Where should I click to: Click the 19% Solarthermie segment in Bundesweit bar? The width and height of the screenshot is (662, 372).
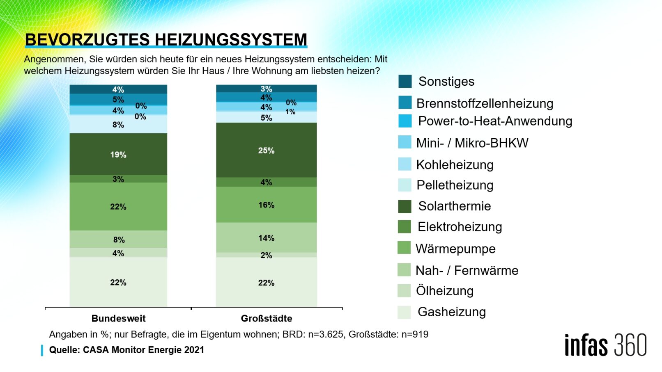tap(118, 155)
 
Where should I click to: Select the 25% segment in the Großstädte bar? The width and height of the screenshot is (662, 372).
tap(266, 151)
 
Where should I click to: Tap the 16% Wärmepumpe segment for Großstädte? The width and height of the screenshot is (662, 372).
tap(266, 205)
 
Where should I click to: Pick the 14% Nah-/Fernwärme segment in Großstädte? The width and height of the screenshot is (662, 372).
tap(266, 238)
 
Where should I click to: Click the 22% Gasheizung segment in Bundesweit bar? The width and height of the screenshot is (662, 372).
tap(118, 282)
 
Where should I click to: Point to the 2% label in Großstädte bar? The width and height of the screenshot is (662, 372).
tap(266, 255)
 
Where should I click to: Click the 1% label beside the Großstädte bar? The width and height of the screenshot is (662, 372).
tap(290, 112)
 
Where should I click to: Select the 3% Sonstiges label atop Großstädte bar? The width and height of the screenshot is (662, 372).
tap(266, 89)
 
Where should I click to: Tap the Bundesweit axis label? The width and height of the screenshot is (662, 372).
tap(118, 318)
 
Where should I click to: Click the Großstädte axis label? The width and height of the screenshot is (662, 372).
tap(266, 318)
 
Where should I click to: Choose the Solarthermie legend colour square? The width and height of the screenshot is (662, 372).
tap(405, 206)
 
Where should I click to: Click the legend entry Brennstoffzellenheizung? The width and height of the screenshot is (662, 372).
tap(485, 103)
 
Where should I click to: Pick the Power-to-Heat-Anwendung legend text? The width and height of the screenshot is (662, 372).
tap(495, 121)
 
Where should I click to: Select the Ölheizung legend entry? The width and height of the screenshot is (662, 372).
tap(445, 291)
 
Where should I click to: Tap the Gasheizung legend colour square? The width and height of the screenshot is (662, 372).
tap(404, 312)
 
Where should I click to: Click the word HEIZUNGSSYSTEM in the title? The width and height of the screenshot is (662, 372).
tap(231, 40)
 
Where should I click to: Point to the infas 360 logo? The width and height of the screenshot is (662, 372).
tap(605, 345)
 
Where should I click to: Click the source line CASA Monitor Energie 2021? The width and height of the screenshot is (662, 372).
tap(126, 350)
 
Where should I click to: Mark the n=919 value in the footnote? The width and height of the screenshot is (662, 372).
tap(415, 334)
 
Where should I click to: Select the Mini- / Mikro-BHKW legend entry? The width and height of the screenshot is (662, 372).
tap(472, 143)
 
